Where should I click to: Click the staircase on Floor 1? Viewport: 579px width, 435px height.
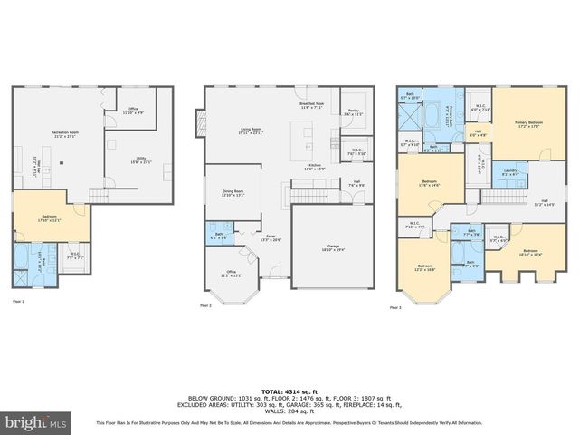coord(99,195)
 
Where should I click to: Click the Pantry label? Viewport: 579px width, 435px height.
coord(352,112)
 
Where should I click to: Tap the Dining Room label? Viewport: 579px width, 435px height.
coord(233,193)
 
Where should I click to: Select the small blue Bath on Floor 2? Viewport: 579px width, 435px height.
coord(217,235)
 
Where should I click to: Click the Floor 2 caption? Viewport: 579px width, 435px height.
coord(205,305)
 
